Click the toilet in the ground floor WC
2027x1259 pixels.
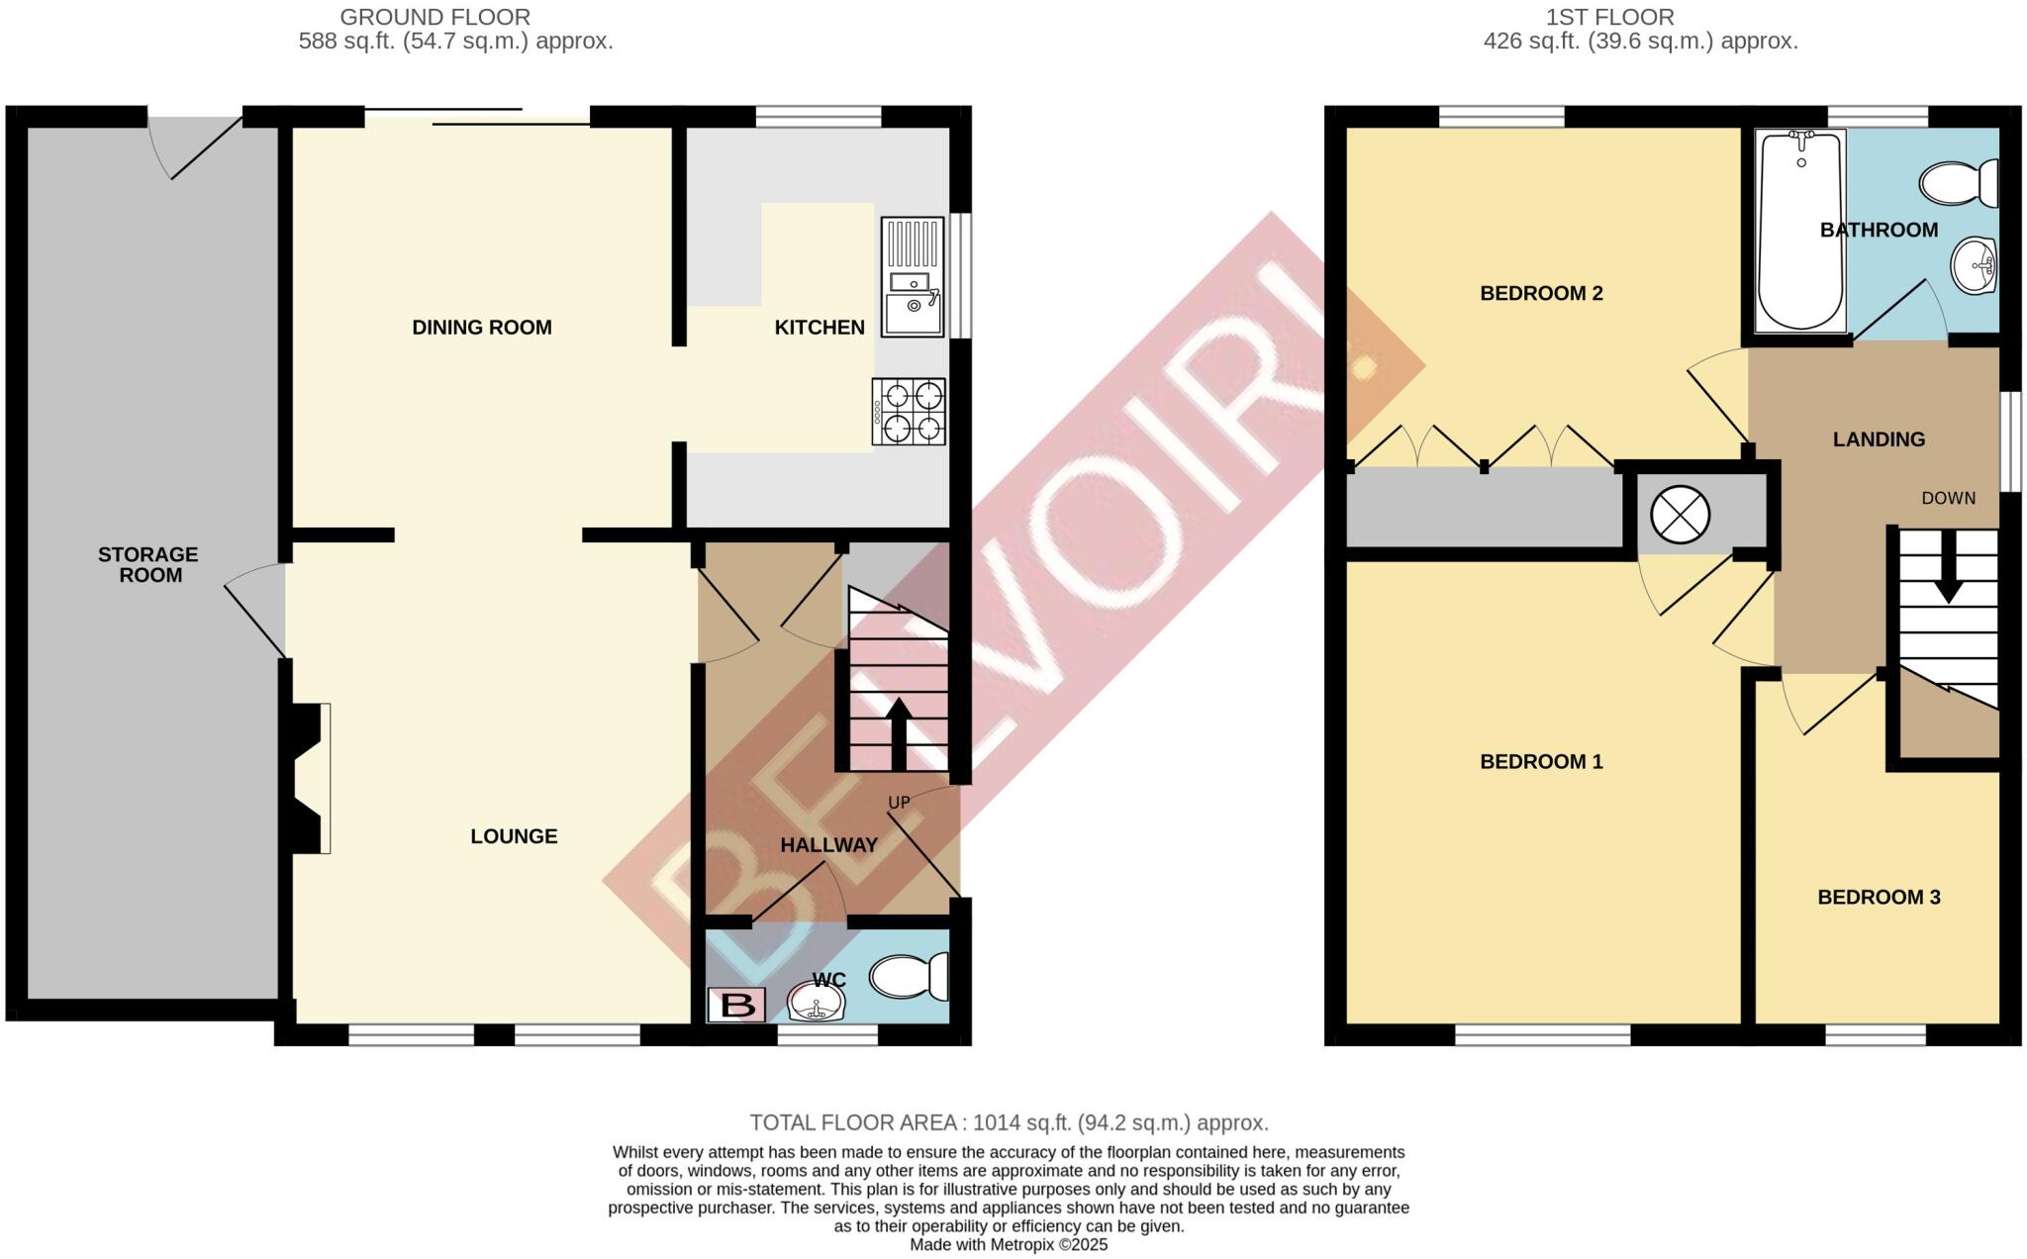pos(909,976)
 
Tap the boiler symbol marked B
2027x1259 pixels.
pos(736,1005)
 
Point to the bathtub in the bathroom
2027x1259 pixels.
pos(1800,233)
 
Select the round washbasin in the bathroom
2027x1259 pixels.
pos(1974,265)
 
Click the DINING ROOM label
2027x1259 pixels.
pos(482,328)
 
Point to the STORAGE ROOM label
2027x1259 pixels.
pos(148,564)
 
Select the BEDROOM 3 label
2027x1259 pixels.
pos(1878,898)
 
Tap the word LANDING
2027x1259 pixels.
pos(1878,439)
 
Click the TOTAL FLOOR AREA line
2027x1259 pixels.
pos(1009,1122)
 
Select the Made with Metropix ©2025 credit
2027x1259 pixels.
pos(1009,1244)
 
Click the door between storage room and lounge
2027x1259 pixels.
pos(255,614)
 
